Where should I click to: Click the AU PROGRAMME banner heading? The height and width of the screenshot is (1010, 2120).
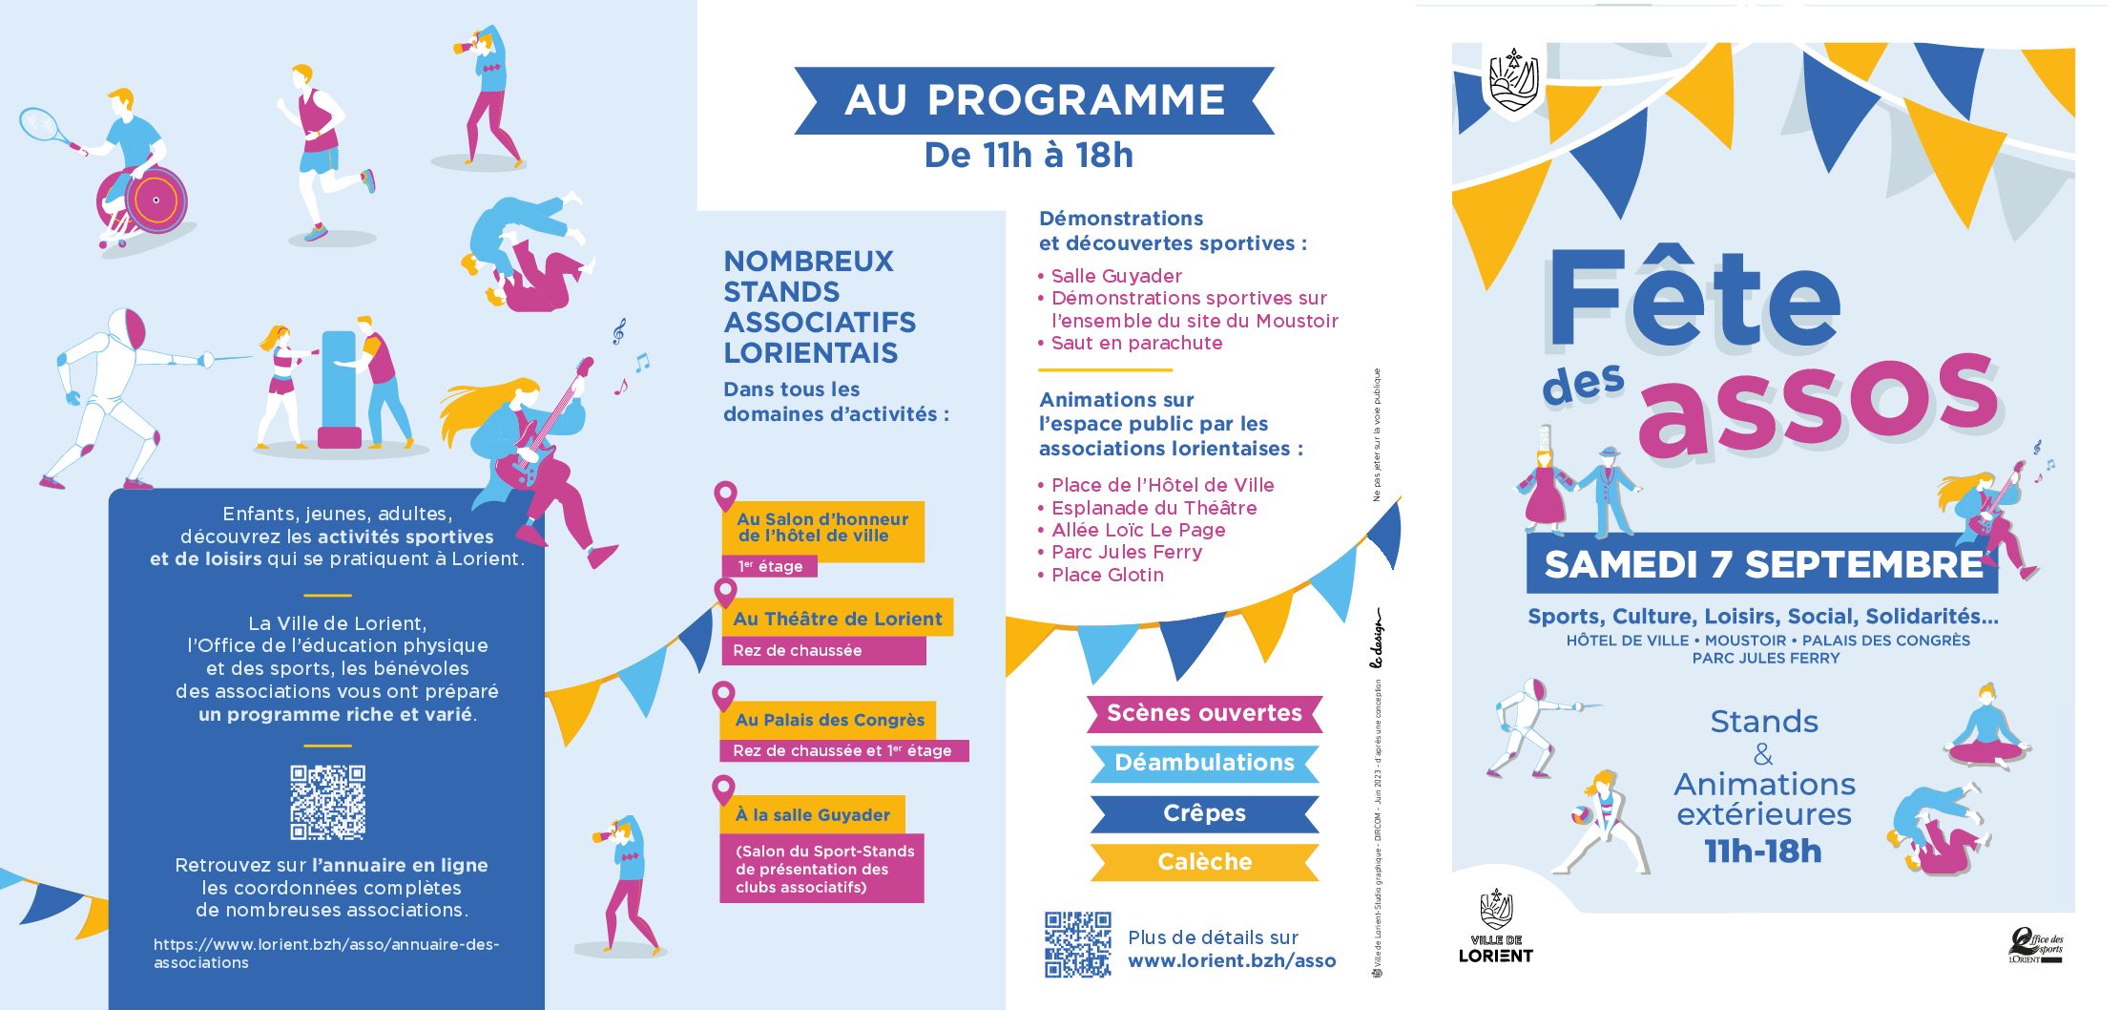click(1034, 100)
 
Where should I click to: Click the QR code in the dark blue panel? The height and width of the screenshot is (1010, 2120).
click(327, 802)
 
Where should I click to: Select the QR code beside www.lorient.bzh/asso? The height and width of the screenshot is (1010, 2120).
click(1077, 944)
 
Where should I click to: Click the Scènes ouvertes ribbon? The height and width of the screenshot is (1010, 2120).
click(1204, 714)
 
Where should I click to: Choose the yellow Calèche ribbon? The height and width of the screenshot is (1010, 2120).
click(1204, 862)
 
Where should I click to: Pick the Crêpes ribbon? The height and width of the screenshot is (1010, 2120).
click(1204, 813)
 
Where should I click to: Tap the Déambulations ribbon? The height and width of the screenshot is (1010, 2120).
click(1204, 763)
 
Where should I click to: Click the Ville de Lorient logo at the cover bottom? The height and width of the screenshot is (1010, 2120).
click(1495, 927)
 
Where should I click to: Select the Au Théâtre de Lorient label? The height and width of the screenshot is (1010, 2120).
click(838, 619)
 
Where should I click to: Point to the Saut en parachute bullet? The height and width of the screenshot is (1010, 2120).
click(1135, 344)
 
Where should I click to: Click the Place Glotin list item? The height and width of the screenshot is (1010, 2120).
click(1107, 575)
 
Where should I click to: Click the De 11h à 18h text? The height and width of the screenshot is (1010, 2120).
click(1029, 156)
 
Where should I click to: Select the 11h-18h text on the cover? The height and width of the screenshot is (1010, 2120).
click(1763, 851)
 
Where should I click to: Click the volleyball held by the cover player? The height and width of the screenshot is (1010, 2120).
click(1581, 816)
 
